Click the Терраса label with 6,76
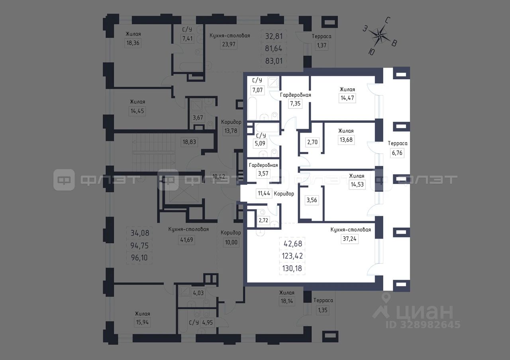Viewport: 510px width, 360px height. click(x=396, y=143)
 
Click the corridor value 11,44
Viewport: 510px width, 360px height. click(x=264, y=194)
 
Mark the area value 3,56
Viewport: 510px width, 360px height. click(x=312, y=201)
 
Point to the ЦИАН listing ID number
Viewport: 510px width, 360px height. click(x=422, y=325)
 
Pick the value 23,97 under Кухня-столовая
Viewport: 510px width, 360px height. click(x=229, y=44)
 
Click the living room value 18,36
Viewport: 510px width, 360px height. click(x=133, y=43)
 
